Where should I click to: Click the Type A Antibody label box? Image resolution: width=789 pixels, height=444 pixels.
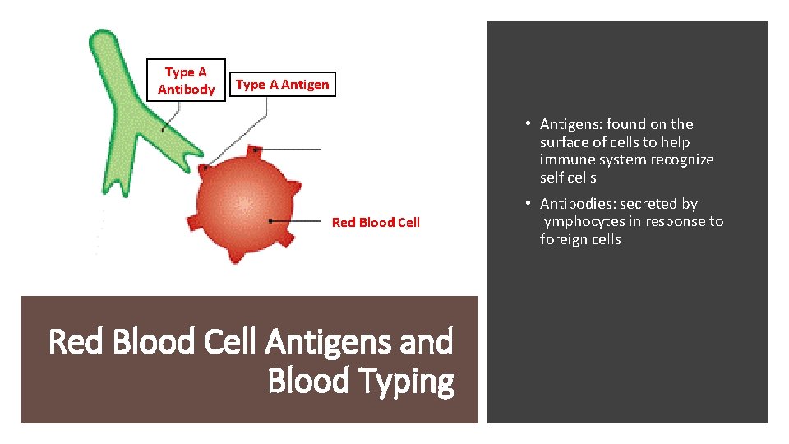tap(186, 81)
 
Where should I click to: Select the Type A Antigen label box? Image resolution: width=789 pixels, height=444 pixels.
tap(282, 84)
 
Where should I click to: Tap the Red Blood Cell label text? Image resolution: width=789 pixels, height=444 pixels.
tap(376, 222)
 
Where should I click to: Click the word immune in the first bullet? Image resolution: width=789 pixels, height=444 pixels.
tap(566, 160)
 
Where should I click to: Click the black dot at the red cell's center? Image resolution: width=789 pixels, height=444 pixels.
tap(270, 221)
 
